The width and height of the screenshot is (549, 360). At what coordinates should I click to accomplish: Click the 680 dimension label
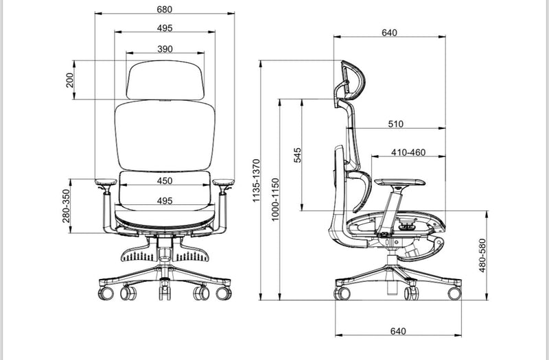pyautogui.click(x=165, y=10)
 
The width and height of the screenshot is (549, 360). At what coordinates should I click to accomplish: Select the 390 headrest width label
pyautogui.click(x=165, y=49)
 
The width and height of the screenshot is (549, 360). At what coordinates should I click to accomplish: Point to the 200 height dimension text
pyautogui.click(x=69, y=80)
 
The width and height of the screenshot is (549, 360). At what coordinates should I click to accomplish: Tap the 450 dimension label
pyautogui.click(x=165, y=181)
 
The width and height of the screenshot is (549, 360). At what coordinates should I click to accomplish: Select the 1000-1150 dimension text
pyautogui.click(x=275, y=200)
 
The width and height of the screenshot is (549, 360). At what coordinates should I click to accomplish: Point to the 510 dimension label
pyautogui.click(x=396, y=124)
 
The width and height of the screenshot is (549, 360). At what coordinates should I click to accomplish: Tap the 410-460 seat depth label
pyautogui.click(x=408, y=152)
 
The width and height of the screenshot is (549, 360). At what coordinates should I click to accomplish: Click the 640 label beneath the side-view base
pyautogui.click(x=397, y=331)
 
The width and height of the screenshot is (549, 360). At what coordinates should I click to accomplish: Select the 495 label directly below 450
pyautogui.click(x=165, y=201)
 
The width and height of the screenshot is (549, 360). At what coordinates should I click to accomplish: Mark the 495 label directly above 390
pyautogui.click(x=165, y=28)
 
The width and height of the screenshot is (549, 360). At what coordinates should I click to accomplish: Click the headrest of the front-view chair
pyautogui.click(x=165, y=81)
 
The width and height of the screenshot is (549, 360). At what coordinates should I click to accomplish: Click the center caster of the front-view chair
pyautogui.click(x=165, y=293)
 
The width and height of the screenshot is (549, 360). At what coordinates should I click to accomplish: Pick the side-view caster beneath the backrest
pyautogui.click(x=340, y=293)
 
